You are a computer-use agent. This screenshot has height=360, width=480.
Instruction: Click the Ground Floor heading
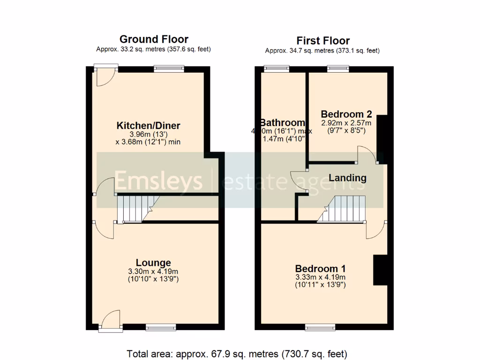coord(154,39)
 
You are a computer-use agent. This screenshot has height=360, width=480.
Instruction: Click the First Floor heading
coord(322,40)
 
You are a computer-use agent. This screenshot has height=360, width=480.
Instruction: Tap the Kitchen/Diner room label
coord(148,126)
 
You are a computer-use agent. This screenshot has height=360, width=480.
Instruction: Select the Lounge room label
coord(153,262)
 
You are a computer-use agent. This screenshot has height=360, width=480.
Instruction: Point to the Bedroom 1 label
coord(320,269)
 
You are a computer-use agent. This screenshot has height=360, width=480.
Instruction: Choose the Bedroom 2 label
coord(346,114)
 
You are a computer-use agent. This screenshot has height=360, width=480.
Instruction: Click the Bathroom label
coord(279,123)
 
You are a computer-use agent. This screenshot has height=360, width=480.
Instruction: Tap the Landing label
coord(347,178)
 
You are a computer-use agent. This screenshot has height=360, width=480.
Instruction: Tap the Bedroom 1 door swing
coord(376,230)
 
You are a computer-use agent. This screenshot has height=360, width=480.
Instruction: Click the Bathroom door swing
coord(298,182)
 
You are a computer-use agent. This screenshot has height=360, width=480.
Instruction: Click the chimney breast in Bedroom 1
coord(380,270)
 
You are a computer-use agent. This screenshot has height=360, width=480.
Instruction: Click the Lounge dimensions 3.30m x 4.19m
coord(153,271)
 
